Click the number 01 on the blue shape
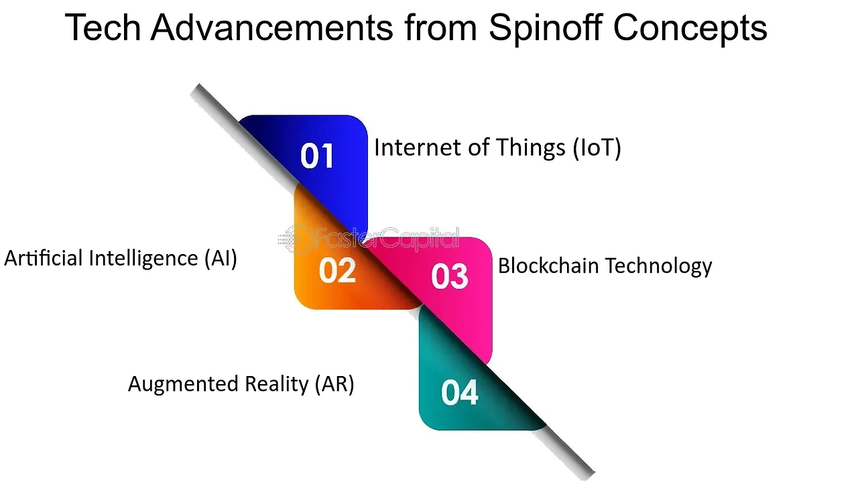pyautogui.click(x=317, y=156)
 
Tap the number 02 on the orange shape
pyautogui.click(x=337, y=271)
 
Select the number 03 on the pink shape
pyautogui.click(x=450, y=276)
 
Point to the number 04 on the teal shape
pyautogui.click(x=460, y=393)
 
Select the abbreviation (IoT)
pyautogui.click(x=597, y=148)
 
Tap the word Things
pyautogui.click(x=530, y=149)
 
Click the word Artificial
pyautogui.click(x=44, y=258)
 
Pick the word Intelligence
pyautogui.click(x=143, y=259)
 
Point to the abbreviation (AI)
pyautogui.click(x=221, y=259)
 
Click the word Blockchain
pyautogui.click(x=548, y=265)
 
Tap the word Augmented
pyautogui.click(x=183, y=384)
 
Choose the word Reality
pyautogui.click(x=276, y=384)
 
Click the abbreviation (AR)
pyautogui.click(x=334, y=384)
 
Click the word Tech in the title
pyautogui.click(x=103, y=27)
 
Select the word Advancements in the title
pyautogui.click(x=271, y=27)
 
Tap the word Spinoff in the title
pyautogui.click(x=546, y=29)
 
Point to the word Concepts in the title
pyautogui.click(x=690, y=29)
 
